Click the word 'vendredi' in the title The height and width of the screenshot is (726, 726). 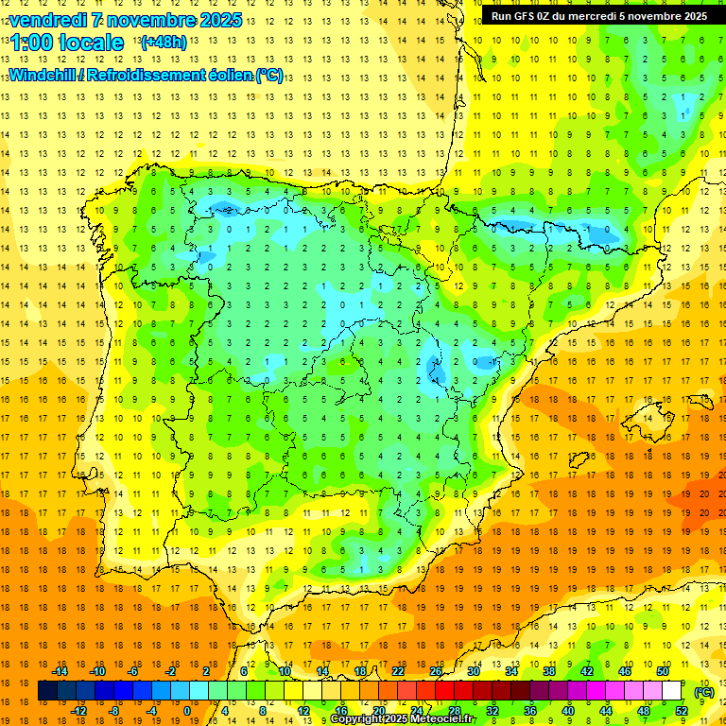pyautogui.click(x=45, y=20)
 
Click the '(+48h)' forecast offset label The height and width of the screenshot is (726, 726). pyautogui.click(x=164, y=43)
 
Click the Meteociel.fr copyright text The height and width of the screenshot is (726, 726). pyautogui.click(x=402, y=719)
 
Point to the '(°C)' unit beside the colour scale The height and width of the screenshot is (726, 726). pyautogui.click(x=703, y=692)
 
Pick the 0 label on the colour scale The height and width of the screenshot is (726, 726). pyautogui.click(x=187, y=711)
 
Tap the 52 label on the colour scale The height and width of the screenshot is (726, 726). pyautogui.click(x=681, y=711)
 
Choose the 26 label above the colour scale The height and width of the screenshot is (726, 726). pyautogui.click(x=436, y=671)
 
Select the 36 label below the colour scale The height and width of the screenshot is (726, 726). pyautogui.click(x=529, y=711)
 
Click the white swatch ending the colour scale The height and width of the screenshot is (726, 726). pyautogui.click(x=671, y=691)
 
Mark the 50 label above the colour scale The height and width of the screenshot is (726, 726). pyautogui.click(x=663, y=671)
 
